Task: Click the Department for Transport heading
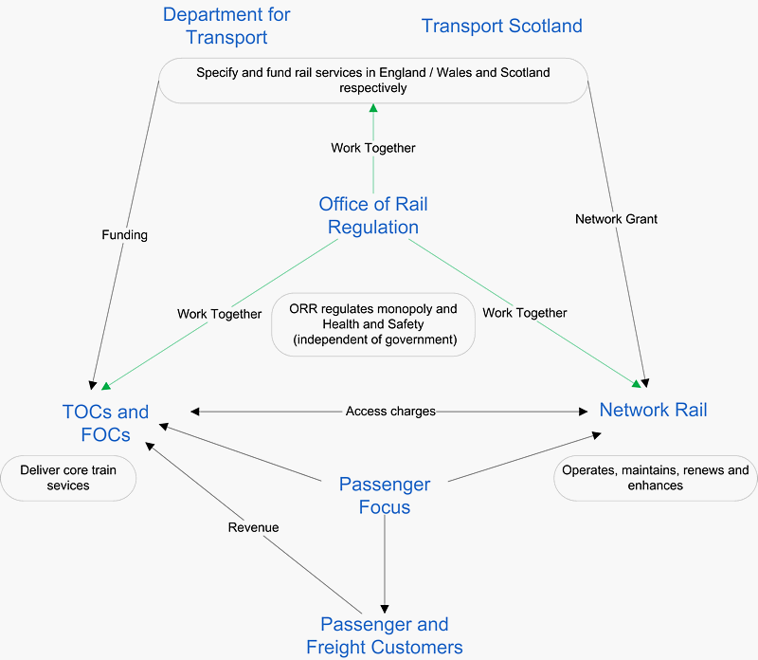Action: (226, 26)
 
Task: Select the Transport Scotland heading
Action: (501, 26)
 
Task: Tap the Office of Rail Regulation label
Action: (373, 215)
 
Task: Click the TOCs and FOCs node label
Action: (105, 423)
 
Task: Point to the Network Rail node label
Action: (653, 411)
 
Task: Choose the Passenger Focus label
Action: (385, 495)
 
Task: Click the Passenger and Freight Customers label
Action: (385, 635)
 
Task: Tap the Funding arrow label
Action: (124, 234)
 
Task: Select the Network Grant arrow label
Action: (616, 219)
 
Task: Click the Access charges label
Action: (390, 412)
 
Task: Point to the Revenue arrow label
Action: (253, 527)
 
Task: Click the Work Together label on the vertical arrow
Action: (373, 148)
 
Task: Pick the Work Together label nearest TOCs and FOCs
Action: (219, 314)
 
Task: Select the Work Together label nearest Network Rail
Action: (524, 312)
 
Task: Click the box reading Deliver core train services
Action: (68, 478)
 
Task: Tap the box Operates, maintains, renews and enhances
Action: (655, 478)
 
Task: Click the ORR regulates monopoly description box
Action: (373, 324)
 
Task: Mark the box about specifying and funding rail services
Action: (373, 81)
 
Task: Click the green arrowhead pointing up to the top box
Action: (373, 108)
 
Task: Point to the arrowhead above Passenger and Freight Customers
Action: (385, 608)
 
